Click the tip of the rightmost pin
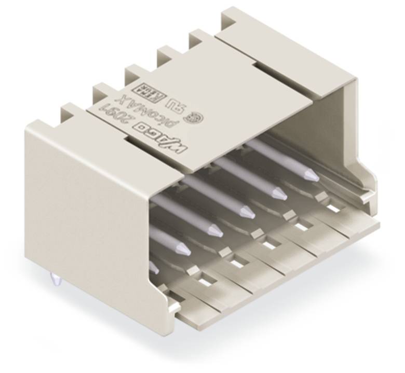click(312, 176)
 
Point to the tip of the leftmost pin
click(154, 267)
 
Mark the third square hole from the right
click(269, 244)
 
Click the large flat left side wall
click(88, 208)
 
